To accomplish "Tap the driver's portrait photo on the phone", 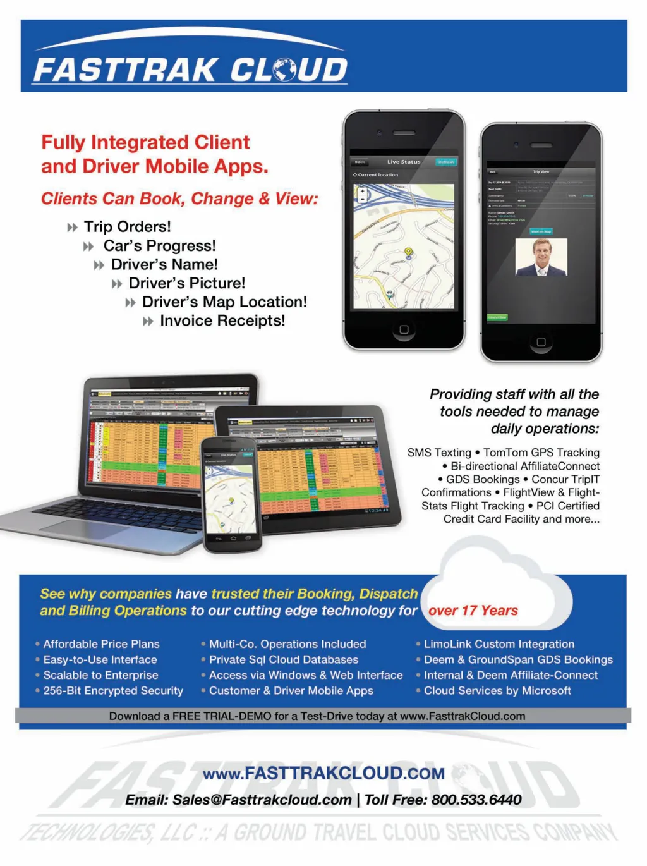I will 541,257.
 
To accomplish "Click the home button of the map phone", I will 404,329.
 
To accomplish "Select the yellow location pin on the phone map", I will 408,252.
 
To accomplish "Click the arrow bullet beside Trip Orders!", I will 73,228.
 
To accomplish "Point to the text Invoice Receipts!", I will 222,321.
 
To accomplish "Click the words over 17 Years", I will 473,611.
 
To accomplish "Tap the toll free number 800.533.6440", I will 476,800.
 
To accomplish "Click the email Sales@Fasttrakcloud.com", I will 262,800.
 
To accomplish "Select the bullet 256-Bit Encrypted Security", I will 113,691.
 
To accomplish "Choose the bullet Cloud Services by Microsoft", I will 497,691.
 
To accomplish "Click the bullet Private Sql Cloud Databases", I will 284,660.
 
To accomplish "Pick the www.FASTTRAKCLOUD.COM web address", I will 323,773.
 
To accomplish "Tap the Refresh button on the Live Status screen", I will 446,162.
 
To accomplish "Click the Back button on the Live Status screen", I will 360,162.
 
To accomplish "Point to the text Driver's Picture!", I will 187,283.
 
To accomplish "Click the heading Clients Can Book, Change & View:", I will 179,199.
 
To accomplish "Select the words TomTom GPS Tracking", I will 541,453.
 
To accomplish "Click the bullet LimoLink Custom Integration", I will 499,644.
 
